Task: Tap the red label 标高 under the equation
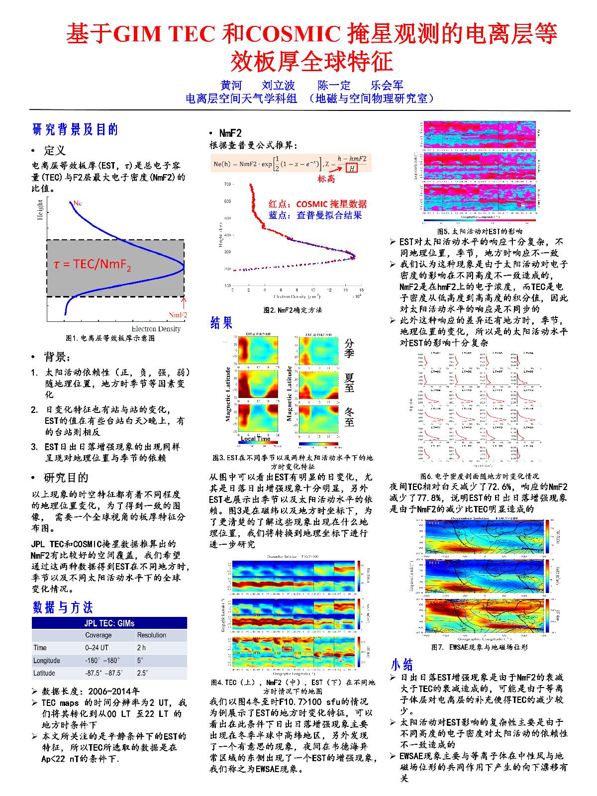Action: coord(326,179)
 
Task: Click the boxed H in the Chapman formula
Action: coord(352,168)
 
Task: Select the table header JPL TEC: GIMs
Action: coord(109,623)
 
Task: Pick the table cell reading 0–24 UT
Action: coord(97,648)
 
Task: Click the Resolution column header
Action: coord(152,635)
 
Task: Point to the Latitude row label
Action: coord(44,673)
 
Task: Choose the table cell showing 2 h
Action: coord(142,648)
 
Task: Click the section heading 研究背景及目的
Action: coord(75,130)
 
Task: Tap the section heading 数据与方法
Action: coord(63,607)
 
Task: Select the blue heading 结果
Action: coord(221,323)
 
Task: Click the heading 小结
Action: coord(402,665)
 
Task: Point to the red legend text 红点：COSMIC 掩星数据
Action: coord(317,204)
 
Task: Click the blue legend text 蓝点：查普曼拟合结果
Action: coord(315,215)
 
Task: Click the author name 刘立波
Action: coord(278,86)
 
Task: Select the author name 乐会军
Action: coord(388,86)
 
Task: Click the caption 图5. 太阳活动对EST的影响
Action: coord(480,231)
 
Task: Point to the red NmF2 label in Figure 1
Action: coord(178,315)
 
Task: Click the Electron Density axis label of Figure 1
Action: coord(156,329)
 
